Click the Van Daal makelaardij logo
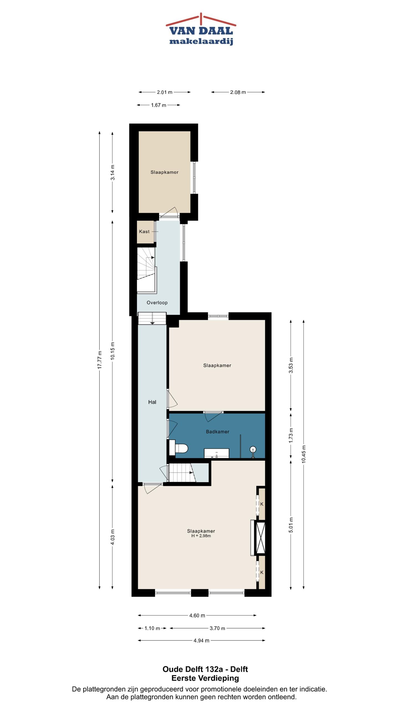(x=201, y=29)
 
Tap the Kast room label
(x=144, y=232)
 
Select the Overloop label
(x=157, y=303)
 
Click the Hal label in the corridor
(x=152, y=402)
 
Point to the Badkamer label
(x=218, y=432)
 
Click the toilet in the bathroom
(x=179, y=448)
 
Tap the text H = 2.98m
(x=201, y=536)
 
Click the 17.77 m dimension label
(x=100, y=360)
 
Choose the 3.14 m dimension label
(x=112, y=172)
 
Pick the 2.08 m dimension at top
(x=238, y=92)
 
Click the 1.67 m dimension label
(x=158, y=105)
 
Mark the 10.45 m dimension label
(x=304, y=454)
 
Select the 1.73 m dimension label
(x=291, y=435)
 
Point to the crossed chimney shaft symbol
(x=260, y=538)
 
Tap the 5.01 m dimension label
(x=291, y=525)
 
